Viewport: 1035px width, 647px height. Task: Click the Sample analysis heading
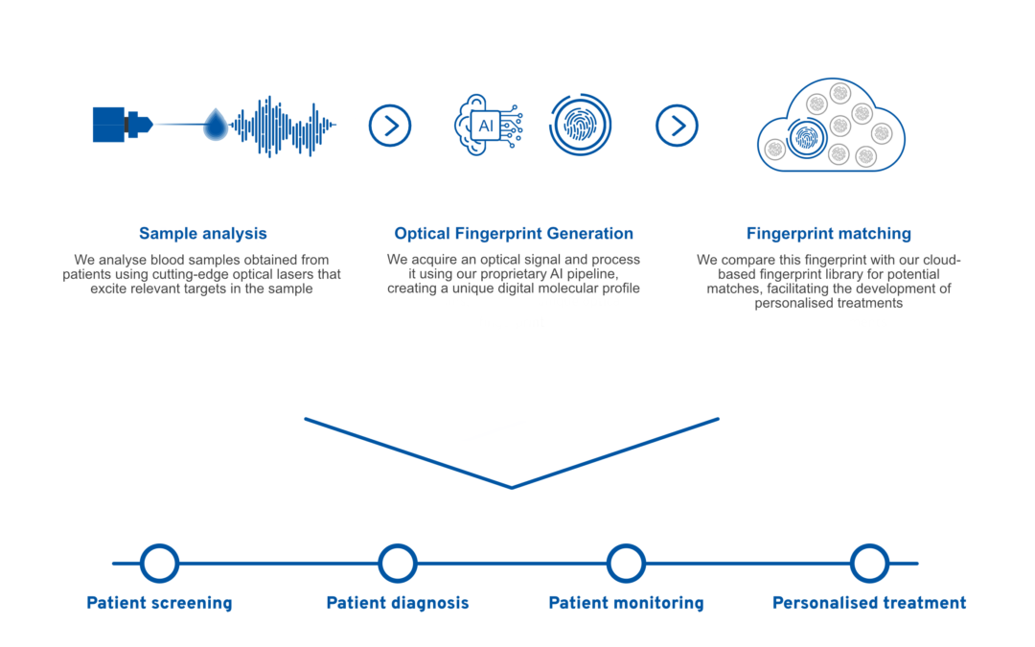point(202,233)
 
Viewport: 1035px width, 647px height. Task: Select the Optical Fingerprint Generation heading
point(514,233)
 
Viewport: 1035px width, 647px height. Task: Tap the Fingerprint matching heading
point(828,233)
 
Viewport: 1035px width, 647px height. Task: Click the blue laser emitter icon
point(123,124)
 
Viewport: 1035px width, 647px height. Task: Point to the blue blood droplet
point(216,124)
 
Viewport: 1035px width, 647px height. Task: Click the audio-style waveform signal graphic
point(284,126)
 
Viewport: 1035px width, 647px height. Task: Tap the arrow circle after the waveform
point(390,126)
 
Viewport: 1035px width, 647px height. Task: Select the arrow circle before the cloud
point(678,126)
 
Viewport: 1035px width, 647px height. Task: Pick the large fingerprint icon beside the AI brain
point(580,125)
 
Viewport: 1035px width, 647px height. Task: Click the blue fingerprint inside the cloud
point(805,139)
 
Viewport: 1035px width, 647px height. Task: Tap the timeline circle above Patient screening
point(160,564)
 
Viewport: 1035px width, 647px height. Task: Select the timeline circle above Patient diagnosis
point(398,564)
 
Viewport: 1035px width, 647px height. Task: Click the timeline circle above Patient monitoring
point(626,564)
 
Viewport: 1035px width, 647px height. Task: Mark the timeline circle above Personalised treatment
point(869,564)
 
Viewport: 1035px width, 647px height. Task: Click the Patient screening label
point(160,603)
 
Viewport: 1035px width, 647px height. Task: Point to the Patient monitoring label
point(627,603)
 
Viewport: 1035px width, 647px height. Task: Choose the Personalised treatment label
point(869,603)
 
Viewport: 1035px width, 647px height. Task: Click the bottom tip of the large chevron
point(512,488)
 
